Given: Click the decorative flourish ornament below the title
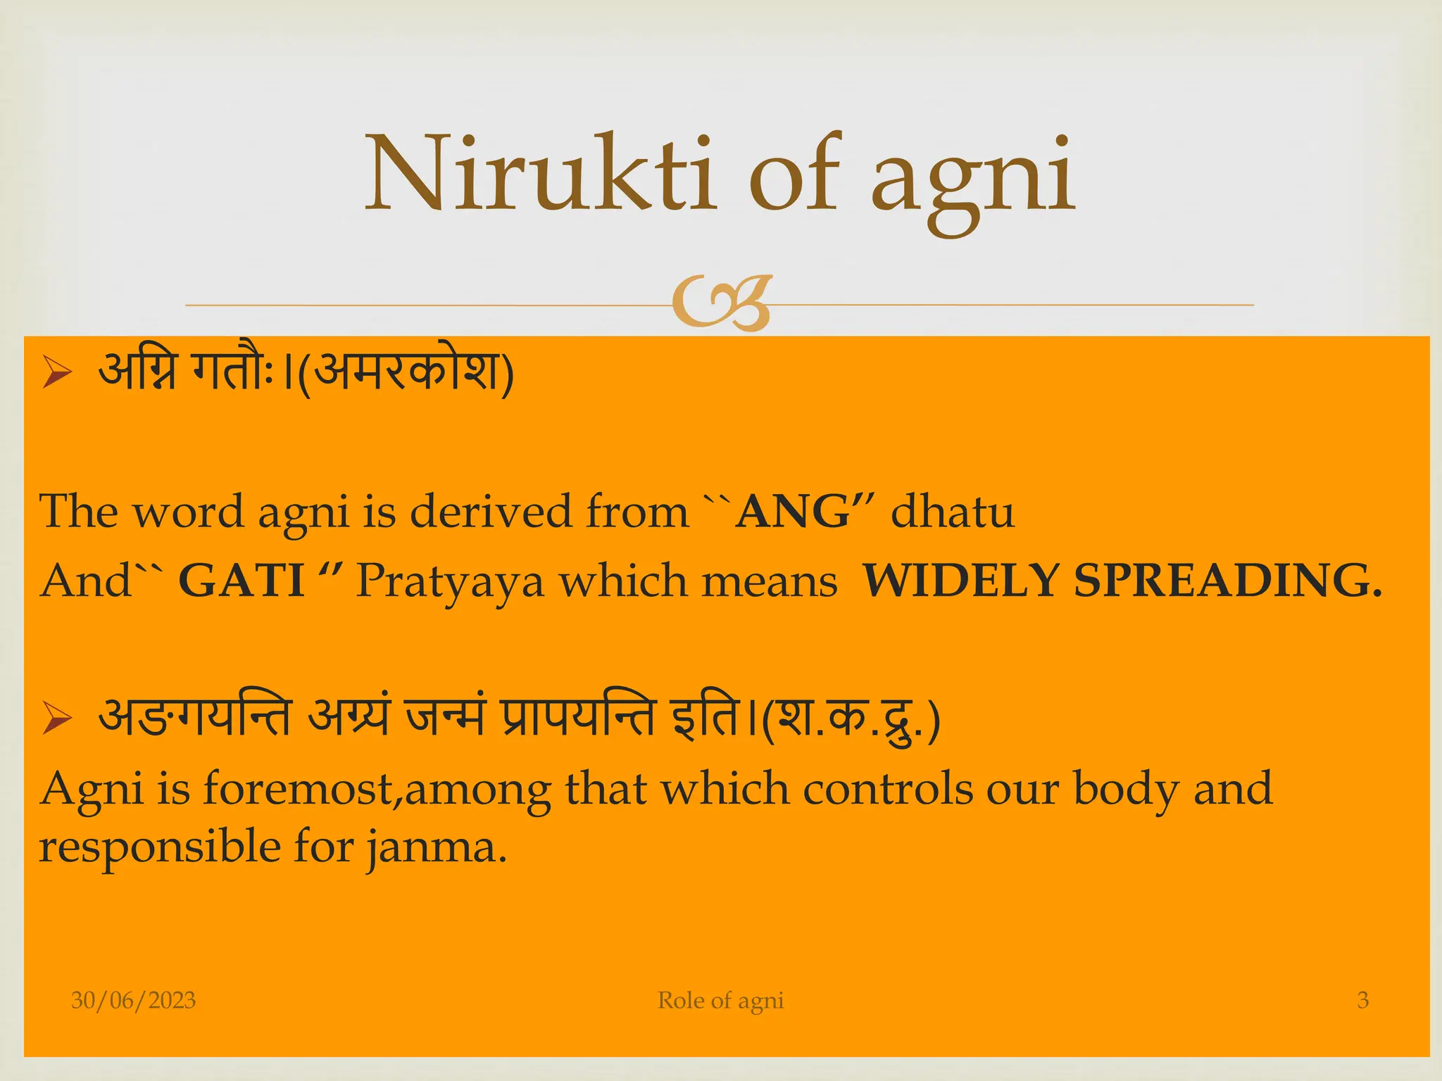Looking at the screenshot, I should point(722,304).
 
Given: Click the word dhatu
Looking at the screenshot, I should point(952,512).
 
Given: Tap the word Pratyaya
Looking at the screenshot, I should point(450,583).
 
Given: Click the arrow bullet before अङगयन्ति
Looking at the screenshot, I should point(56,719).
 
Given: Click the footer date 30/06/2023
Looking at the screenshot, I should point(133,1000).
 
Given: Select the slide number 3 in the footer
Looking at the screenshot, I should point(1362,1000).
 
